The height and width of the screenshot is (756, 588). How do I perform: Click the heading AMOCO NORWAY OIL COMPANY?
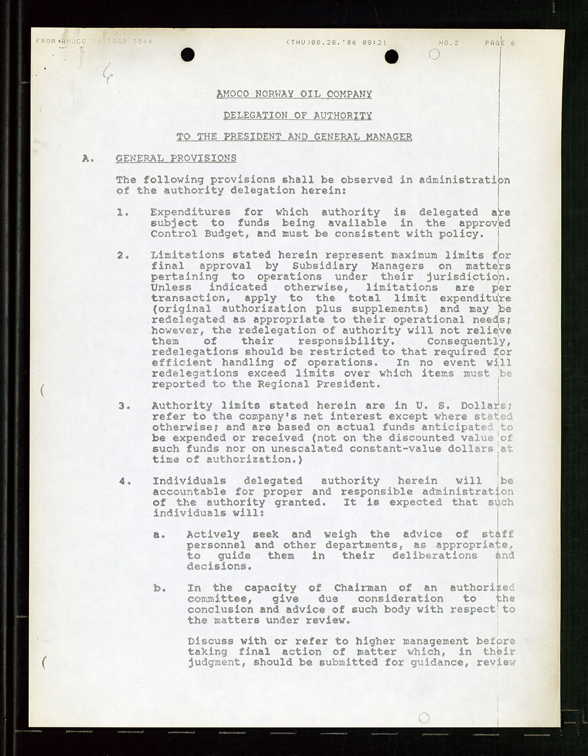click(x=294, y=94)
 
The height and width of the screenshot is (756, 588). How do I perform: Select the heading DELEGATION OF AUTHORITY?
click(x=297, y=115)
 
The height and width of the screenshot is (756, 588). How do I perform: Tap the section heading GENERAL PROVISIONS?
click(x=176, y=158)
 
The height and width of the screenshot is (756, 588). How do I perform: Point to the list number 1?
click(x=122, y=212)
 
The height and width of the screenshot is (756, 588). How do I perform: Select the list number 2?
click(x=122, y=255)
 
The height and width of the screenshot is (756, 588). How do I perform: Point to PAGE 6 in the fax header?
click(x=499, y=43)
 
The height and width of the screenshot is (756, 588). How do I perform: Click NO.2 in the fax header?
click(x=448, y=43)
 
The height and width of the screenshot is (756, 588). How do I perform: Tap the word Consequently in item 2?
click(x=466, y=341)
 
